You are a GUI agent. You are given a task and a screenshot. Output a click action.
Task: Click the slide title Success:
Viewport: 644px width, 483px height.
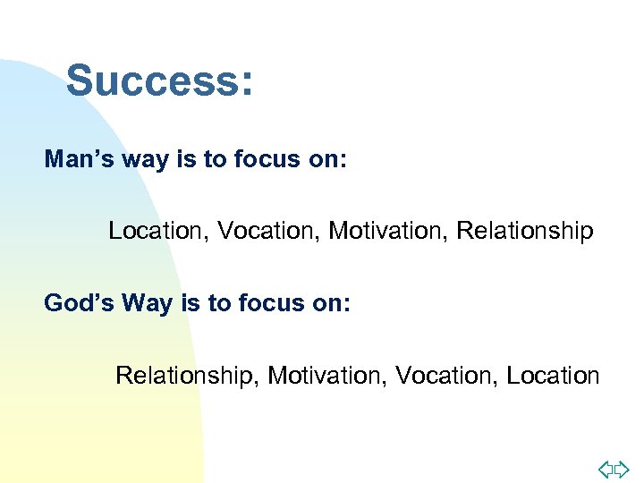pyautogui.click(x=160, y=80)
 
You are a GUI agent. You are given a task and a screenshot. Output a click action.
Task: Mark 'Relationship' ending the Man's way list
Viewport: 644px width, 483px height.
pyautogui.click(x=524, y=231)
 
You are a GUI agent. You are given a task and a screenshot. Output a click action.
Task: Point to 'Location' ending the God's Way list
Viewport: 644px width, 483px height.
pyautogui.click(x=553, y=376)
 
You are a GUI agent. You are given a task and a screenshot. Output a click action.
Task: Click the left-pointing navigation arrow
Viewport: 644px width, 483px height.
pyautogui.click(x=606, y=469)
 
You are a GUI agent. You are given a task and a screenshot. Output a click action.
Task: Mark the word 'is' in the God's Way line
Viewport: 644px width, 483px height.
pyautogui.click(x=191, y=303)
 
